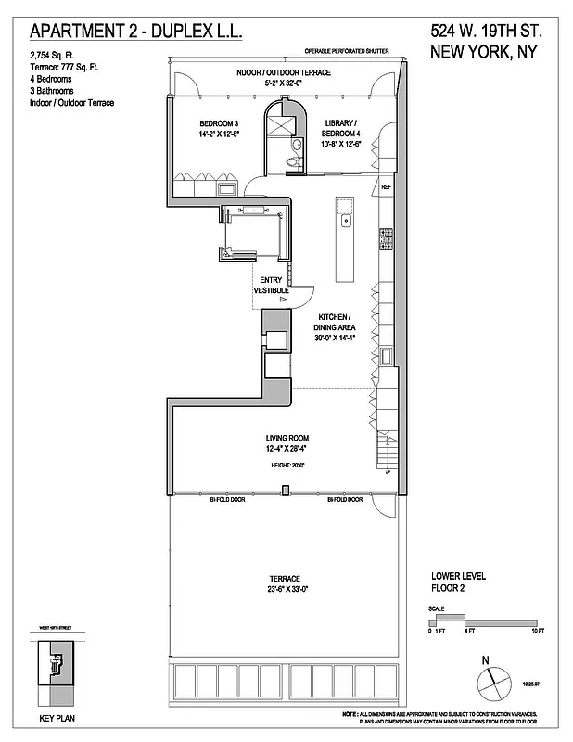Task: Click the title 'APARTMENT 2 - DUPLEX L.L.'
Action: (x=136, y=31)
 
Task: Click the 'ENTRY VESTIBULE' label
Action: (x=272, y=286)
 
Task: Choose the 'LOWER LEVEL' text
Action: (x=459, y=576)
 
